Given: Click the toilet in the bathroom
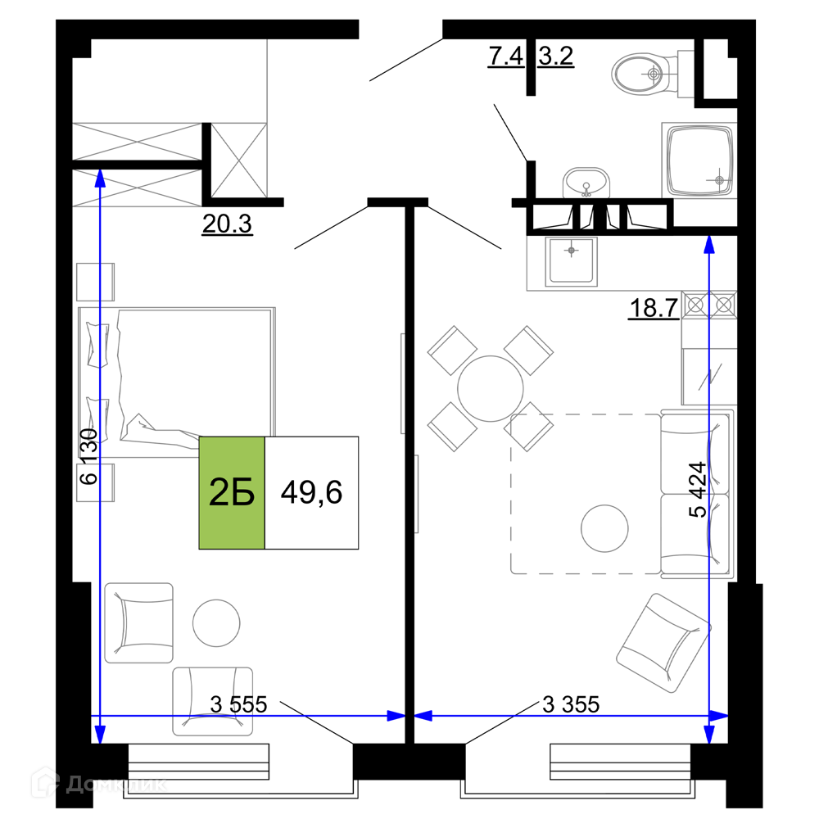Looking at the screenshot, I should coord(647,74).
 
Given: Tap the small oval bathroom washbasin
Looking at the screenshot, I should coord(586,181).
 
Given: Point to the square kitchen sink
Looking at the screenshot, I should coord(572,260).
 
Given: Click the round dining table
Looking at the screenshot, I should coord(490,388).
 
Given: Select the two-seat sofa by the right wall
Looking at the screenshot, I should coord(696,494).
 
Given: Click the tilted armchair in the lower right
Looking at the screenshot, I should coord(662,642).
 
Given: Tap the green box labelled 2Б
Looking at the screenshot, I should coord(232,493).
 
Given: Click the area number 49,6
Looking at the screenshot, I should coord(311,493).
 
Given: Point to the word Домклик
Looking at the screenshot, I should coord(116,785).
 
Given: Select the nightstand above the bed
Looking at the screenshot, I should coord(95,282).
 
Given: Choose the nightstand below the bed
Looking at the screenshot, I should coord(95,482).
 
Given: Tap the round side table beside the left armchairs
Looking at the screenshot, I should coord(216,623).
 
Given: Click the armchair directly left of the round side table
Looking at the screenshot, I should coord(139,622).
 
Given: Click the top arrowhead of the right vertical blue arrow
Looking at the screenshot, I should coord(709,244).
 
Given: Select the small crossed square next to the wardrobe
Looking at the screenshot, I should coord(239,160).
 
